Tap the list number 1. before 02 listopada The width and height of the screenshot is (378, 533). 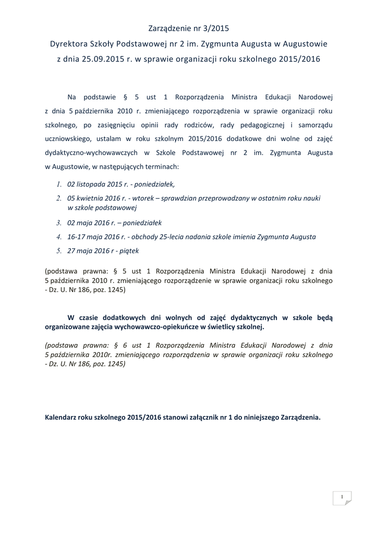tap(59, 184)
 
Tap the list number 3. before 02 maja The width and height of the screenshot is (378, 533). tap(59, 222)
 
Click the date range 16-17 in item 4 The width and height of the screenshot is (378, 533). tap(77, 236)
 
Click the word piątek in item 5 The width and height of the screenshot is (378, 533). tap(129, 251)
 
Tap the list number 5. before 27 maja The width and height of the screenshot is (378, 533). tap(59, 251)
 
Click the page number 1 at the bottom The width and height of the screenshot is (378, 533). tap(342, 497)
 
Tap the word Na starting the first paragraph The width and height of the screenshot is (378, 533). tap(72, 96)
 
